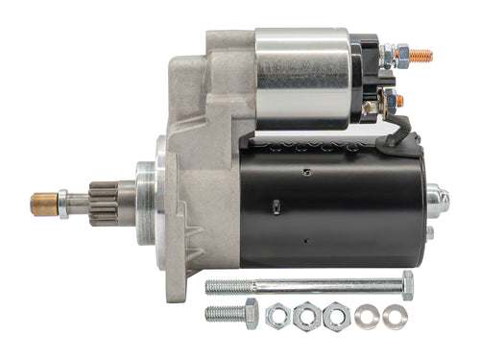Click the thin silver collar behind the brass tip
point(62,203)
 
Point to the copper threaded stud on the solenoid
point(420,56)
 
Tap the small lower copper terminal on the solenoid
point(399,100)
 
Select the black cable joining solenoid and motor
point(395,134)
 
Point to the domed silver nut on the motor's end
point(437,199)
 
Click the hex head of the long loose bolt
point(406,284)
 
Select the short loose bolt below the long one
point(230,313)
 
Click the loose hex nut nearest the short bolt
point(278,315)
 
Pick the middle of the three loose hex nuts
point(307,315)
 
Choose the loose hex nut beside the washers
point(336,315)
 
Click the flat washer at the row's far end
point(395,316)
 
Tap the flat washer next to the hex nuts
point(366,316)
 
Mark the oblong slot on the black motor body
point(276,205)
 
